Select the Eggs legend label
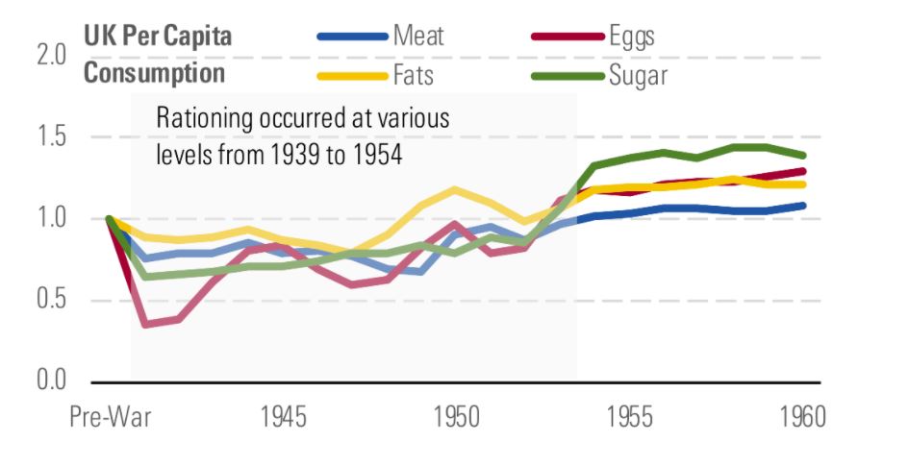coord(631,37)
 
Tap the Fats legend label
coord(415,74)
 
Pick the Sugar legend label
coord(638,74)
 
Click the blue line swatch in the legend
coord(351,38)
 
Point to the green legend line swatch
coord(568,75)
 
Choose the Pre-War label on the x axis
coord(110,420)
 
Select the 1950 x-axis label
coord(457,420)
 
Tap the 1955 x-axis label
coord(630,420)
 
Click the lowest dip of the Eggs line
coord(145,324)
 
